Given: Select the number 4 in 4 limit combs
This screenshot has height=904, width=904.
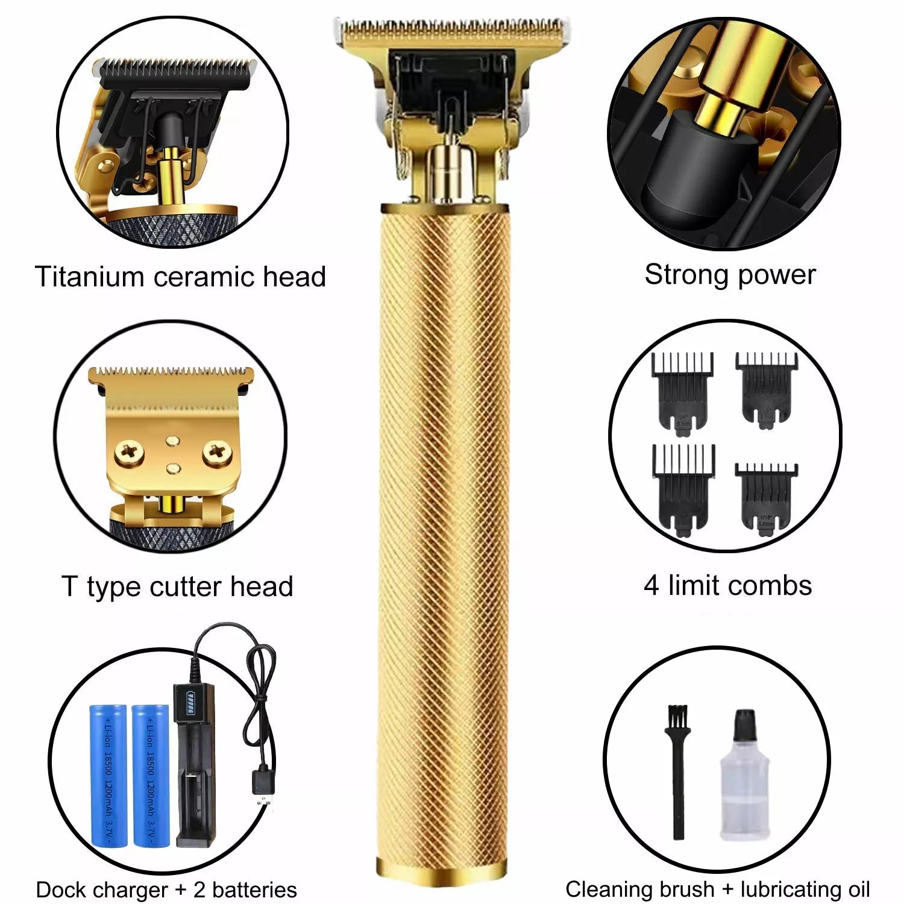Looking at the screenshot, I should click(x=651, y=586).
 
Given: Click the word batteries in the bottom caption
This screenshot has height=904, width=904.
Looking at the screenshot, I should click(x=254, y=890).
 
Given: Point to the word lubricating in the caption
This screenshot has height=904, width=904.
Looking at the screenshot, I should click(x=797, y=890).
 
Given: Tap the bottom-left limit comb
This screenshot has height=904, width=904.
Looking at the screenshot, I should click(x=683, y=488).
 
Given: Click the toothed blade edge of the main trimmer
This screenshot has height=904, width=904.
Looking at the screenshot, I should click(x=452, y=27).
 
